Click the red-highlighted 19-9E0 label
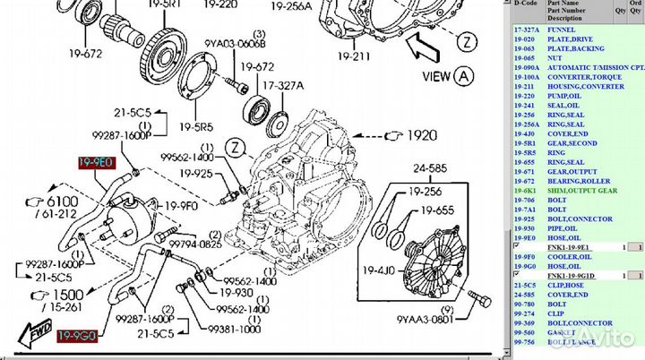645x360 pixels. (94, 162)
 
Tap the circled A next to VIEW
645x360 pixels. (463, 75)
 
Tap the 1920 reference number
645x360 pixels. (419, 134)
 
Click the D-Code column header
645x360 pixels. (527, 4)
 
